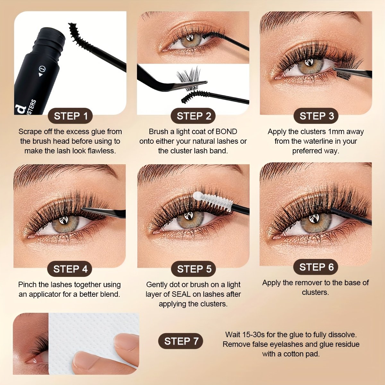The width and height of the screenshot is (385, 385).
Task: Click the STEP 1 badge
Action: pyautogui.click(x=70, y=116)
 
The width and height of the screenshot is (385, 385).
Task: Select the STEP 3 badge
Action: pyautogui.click(x=316, y=116)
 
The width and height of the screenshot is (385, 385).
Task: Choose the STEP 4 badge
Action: pyautogui.click(x=70, y=269)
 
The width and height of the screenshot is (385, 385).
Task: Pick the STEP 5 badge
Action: pyautogui.click(x=193, y=269)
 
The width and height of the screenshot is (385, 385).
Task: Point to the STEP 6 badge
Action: pyautogui.click(x=316, y=267)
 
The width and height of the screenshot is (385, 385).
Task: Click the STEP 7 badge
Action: pyautogui.click(x=181, y=341)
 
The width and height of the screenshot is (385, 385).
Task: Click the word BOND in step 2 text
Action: pyautogui.click(x=227, y=132)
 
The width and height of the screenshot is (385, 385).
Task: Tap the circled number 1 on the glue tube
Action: pyautogui.click(x=42, y=69)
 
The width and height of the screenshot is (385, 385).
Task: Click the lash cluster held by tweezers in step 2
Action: pyautogui.click(x=189, y=79)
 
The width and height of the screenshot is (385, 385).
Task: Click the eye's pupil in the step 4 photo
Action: pyautogui.click(x=64, y=220)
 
